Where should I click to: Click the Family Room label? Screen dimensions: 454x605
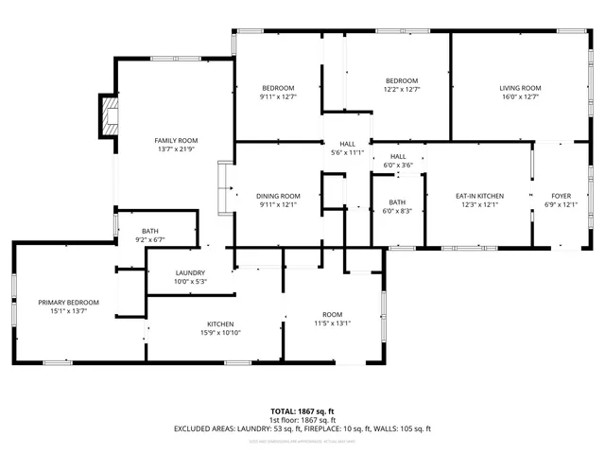click(x=176, y=140)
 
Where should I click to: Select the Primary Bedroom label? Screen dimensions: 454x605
click(x=68, y=303)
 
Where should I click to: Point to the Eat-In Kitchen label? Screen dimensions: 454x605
click(x=479, y=196)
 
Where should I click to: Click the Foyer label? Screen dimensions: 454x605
click(x=562, y=196)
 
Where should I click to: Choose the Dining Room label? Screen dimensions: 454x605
click(x=278, y=196)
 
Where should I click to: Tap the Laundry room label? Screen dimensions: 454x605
click(x=190, y=272)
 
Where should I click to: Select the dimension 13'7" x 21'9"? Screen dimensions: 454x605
click(x=176, y=149)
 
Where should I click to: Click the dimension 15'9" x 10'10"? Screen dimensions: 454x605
click(x=220, y=333)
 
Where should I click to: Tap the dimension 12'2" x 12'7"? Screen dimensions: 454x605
click(x=402, y=90)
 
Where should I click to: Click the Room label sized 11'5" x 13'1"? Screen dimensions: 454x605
click(x=332, y=314)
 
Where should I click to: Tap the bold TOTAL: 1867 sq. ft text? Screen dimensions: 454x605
click(x=302, y=411)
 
